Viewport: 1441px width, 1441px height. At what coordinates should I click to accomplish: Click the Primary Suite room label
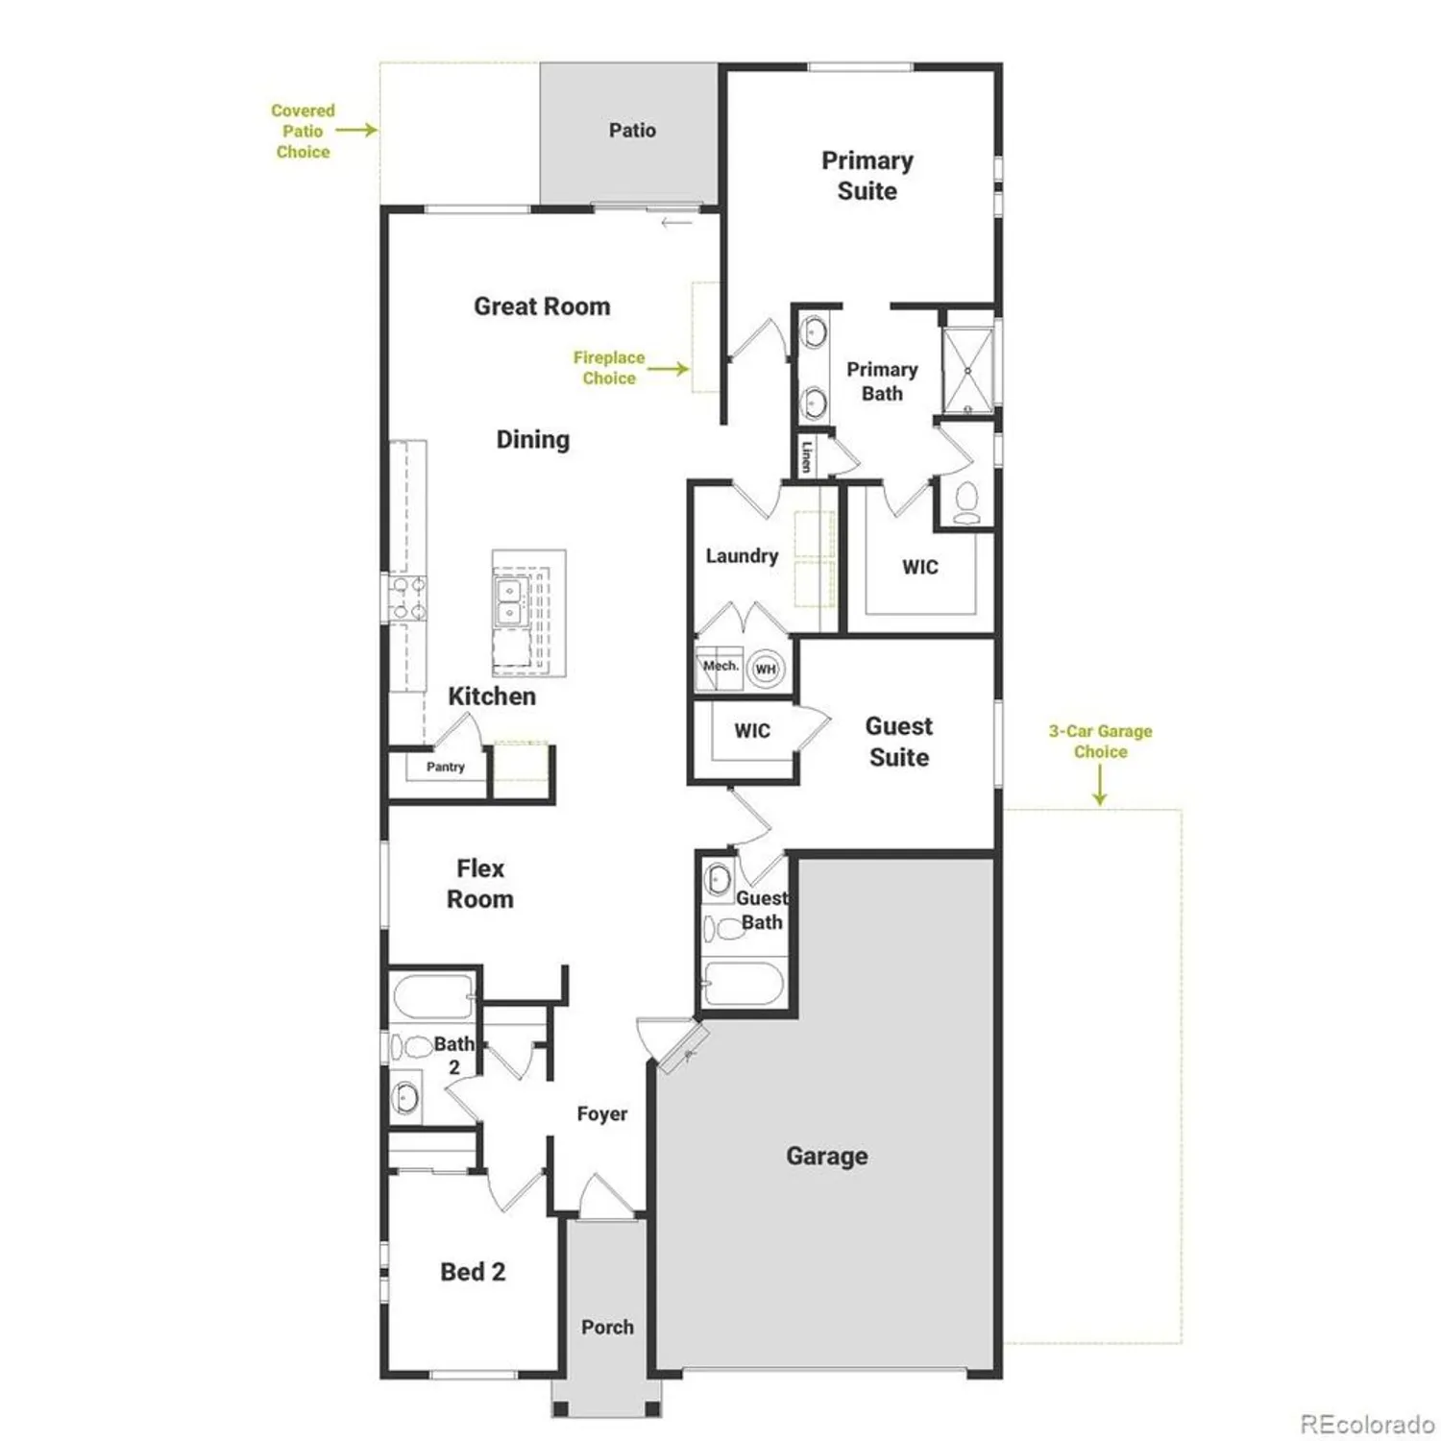tap(867, 176)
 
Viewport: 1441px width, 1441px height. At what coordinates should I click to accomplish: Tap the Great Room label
tap(542, 306)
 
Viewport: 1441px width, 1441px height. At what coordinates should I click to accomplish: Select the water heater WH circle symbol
tap(766, 670)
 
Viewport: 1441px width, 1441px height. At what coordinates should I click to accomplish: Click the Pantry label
tap(445, 767)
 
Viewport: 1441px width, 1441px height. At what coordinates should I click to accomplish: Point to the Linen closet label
tap(807, 455)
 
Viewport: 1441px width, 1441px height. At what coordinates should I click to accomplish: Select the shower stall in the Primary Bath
tap(967, 371)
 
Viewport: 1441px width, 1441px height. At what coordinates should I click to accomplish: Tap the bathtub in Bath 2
tap(432, 997)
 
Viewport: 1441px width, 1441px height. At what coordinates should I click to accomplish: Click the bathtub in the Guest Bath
tap(743, 983)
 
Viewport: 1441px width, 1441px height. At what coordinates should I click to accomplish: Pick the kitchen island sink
tap(508, 601)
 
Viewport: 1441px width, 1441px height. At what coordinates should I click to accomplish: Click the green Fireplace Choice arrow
tap(669, 369)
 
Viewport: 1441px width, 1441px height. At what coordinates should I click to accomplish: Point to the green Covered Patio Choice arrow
tap(356, 130)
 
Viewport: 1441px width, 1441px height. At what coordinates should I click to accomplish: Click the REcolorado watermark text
tap(1367, 1423)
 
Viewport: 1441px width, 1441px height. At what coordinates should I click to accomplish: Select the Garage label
tap(826, 1156)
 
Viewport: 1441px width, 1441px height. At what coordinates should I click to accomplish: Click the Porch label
tap(607, 1327)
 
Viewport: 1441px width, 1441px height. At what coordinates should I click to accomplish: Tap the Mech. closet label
tap(720, 666)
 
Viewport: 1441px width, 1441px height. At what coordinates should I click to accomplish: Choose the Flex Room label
tap(480, 884)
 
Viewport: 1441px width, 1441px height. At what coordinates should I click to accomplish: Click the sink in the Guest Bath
tap(718, 878)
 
